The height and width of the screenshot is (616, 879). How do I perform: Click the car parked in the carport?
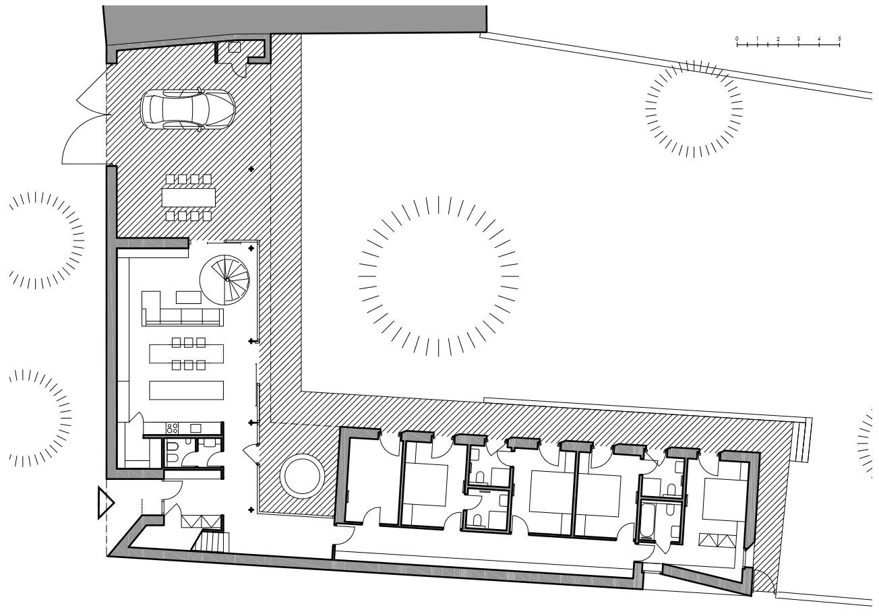coord(188,109)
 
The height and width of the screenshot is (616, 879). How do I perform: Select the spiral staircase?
coord(224,280)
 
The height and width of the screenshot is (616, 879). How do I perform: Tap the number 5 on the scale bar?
coord(839,39)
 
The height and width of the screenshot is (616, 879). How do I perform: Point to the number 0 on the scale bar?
coord(737,39)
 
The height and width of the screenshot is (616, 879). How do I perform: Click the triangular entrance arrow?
coord(105,502)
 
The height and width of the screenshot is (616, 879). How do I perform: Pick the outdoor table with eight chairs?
coord(189,197)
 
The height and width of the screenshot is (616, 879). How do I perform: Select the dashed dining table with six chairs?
coord(187,354)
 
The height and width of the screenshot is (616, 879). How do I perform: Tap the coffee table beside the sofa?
coord(188,297)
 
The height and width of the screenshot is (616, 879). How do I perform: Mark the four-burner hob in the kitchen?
coord(173,428)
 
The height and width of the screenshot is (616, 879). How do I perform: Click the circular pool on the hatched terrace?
coord(302,476)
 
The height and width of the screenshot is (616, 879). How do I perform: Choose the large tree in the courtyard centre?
coord(439,276)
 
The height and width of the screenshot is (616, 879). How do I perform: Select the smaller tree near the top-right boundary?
coord(694,109)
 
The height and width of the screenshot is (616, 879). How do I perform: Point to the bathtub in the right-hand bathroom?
coord(646,522)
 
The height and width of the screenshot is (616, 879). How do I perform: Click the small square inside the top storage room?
coord(235,47)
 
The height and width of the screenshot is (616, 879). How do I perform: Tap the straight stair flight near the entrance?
coord(211,541)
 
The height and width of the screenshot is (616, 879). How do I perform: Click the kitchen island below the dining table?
coord(187,390)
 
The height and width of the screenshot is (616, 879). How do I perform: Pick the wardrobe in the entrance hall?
coord(202,522)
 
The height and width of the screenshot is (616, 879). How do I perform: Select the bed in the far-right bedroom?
coord(724,499)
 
